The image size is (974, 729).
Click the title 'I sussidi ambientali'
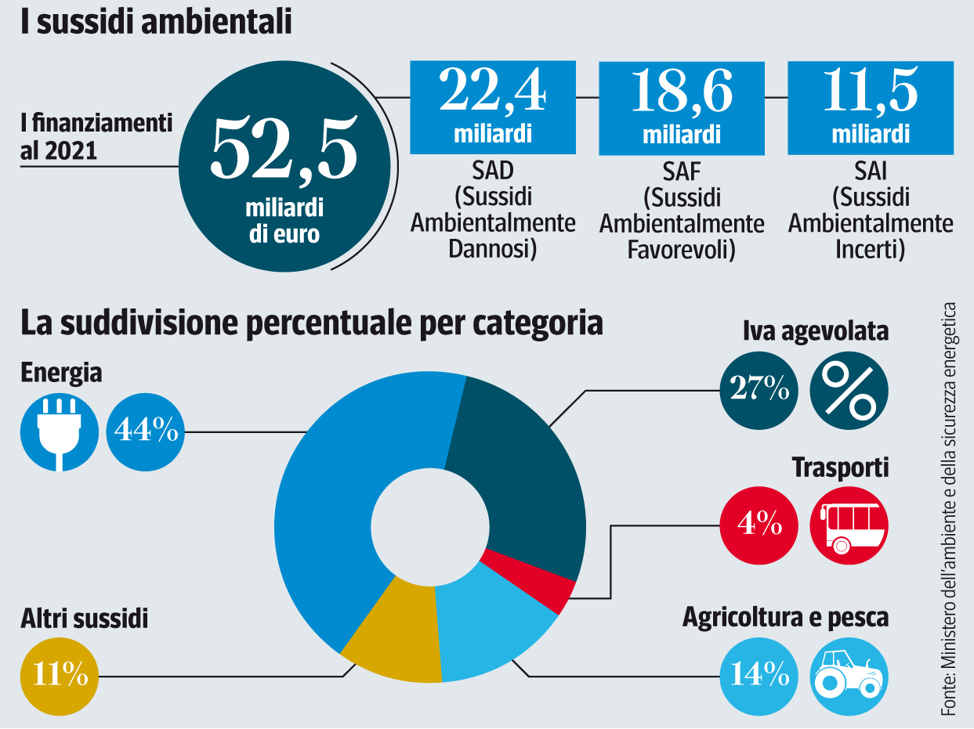[157, 21]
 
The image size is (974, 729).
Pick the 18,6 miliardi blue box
[681, 107]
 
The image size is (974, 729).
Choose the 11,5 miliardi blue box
[870, 107]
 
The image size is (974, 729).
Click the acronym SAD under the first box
[493, 171]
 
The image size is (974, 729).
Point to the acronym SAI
[871, 171]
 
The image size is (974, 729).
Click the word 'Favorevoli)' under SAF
[681, 251]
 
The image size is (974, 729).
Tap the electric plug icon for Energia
[60, 432]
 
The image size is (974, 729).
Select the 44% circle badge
[146, 432]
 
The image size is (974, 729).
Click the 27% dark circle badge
[759, 388]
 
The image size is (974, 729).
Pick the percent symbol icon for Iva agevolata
[849, 388]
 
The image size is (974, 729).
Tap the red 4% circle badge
[759, 524]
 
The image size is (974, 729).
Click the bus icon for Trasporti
[849, 524]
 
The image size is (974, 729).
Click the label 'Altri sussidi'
[85, 620]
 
